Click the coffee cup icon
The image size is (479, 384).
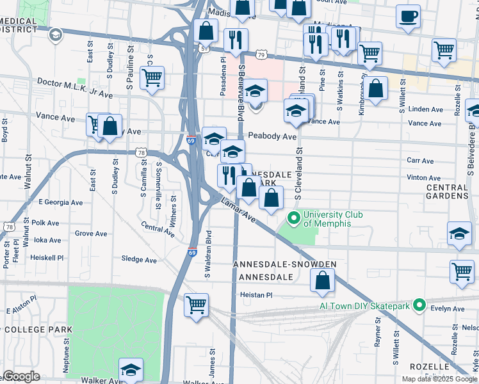409,17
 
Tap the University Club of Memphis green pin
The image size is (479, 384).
294,219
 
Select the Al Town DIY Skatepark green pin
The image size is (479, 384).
419,305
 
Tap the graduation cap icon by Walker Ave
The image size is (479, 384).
131,370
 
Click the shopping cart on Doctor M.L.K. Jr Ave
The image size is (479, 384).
152,78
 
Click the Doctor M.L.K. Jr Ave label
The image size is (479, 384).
75,82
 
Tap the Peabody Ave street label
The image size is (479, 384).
272,136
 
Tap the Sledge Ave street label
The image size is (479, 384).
139,260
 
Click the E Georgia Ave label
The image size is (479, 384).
61,202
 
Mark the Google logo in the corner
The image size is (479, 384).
21,376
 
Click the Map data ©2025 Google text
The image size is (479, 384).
439,379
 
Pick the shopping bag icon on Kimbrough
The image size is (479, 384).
377,90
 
